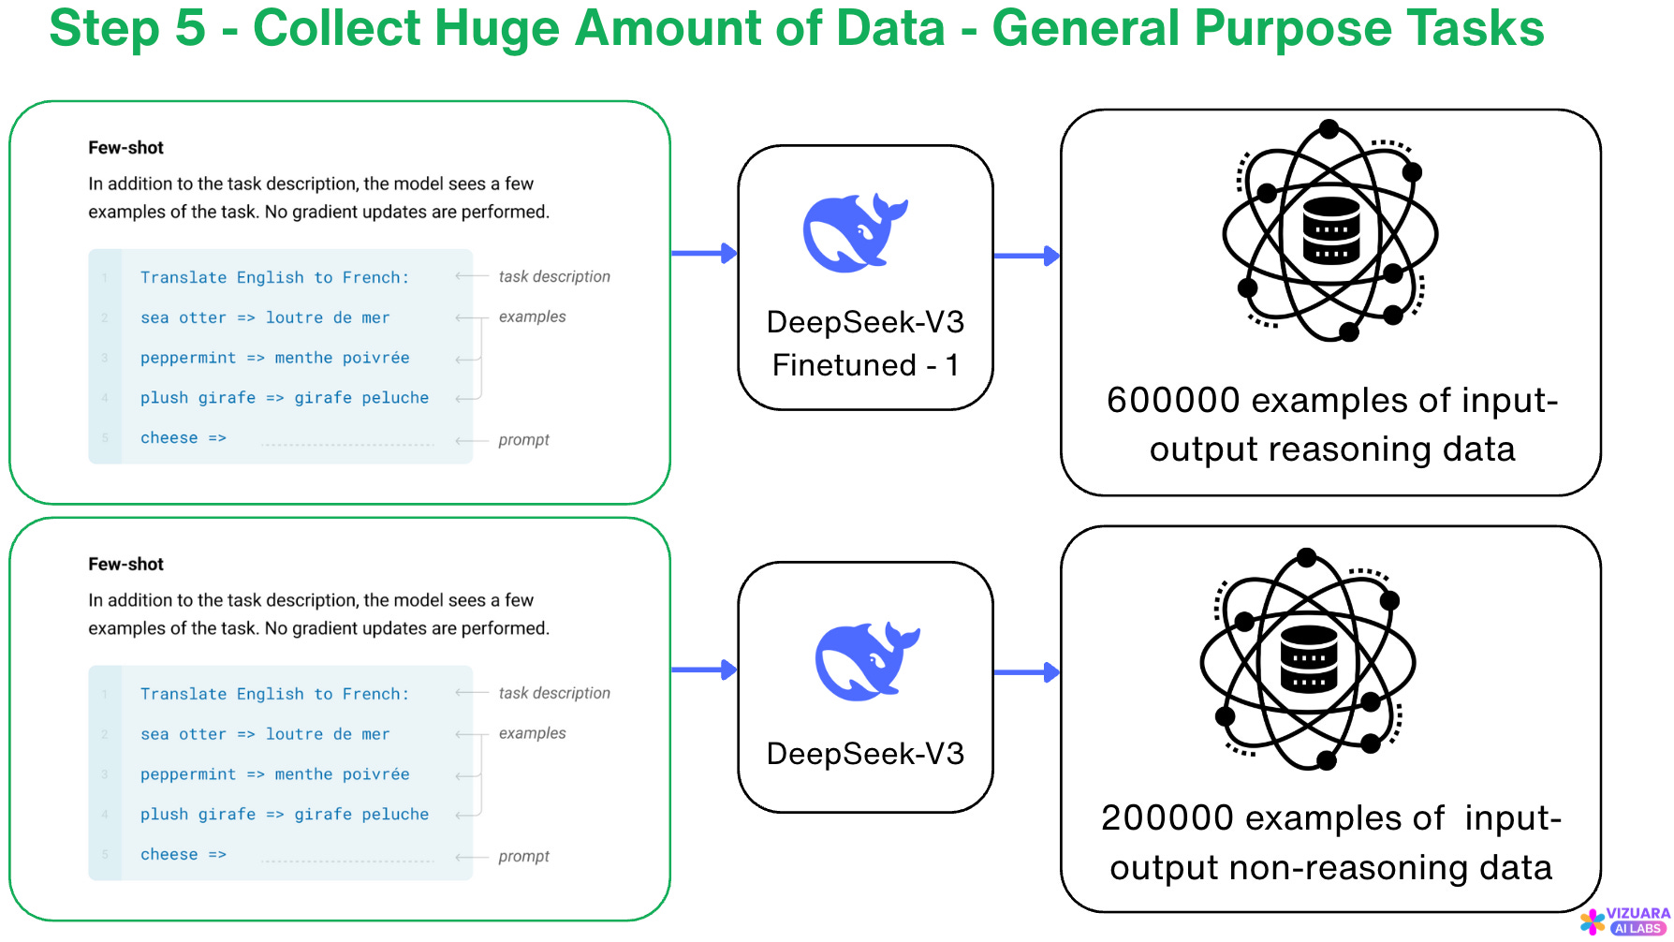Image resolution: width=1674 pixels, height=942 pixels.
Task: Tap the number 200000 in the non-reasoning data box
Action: coord(1167,818)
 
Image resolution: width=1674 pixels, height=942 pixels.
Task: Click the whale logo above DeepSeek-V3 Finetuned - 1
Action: coord(853,233)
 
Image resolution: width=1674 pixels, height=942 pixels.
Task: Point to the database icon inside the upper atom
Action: coord(1330,230)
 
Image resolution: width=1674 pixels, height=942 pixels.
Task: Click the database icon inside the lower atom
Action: coord(1308,658)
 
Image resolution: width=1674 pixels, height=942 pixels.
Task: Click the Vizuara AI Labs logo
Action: coord(1625,920)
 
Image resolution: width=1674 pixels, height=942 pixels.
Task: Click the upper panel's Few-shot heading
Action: coord(125,148)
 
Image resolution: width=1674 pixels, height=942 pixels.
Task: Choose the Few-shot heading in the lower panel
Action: coord(125,565)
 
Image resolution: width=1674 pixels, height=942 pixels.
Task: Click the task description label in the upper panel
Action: coord(554,277)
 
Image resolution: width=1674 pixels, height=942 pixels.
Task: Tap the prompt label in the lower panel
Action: coord(523,857)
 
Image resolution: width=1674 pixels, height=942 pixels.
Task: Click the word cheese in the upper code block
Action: coord(169,438)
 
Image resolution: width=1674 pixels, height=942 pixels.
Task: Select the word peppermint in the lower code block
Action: coord(188,774)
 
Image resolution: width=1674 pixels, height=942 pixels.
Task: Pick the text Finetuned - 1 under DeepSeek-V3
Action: coord(865,365)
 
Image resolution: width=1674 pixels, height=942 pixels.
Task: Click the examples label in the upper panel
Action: coord(532,317)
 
